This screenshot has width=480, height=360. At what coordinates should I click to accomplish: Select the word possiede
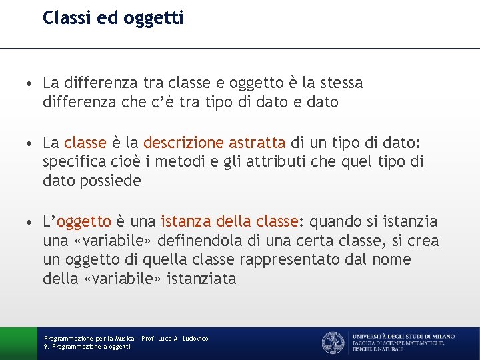click(111, 181)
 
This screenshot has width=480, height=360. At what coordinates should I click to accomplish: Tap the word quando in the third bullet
click(337, 221)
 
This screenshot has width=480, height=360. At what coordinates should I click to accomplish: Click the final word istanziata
click(202, 279)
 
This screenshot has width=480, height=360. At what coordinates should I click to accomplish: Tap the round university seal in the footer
click(333, 343)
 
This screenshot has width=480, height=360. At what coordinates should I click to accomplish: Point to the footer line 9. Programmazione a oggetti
click(87, 347)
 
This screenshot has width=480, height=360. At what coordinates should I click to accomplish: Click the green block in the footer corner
click(18, 343)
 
